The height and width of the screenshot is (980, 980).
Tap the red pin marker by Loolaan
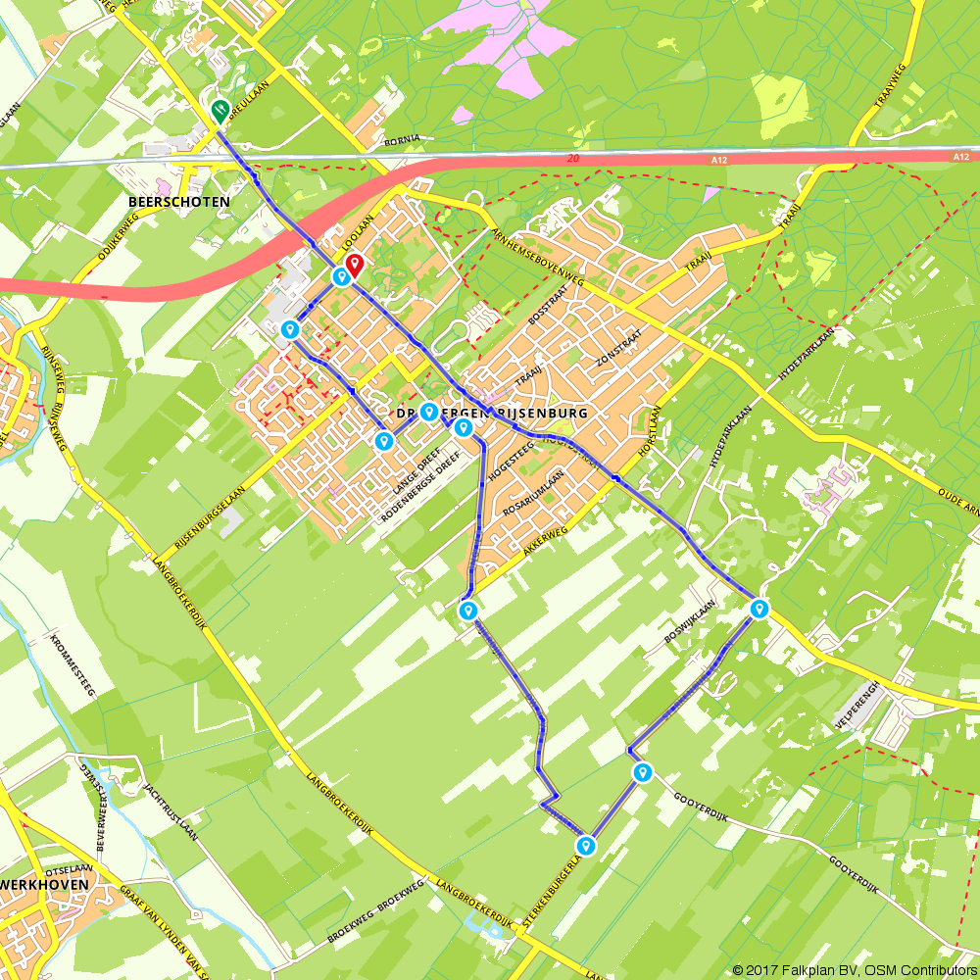pyautogui.click(x=355, y=264)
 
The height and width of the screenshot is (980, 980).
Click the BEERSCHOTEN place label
pyautogui.click(x=179, y=202)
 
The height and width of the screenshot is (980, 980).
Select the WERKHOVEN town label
pyautogui.click(x=44, y=884)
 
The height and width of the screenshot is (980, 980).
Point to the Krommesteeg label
pyautogui.click(x=73, y=665)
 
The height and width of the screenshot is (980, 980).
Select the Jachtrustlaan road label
pyautogui.click(x=171, y=813)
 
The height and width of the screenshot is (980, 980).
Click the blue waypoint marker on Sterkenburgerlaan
pyautogui.click(x=586, y=844)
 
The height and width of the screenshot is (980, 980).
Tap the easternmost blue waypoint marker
pyautogui.click(x=759, y=609)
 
